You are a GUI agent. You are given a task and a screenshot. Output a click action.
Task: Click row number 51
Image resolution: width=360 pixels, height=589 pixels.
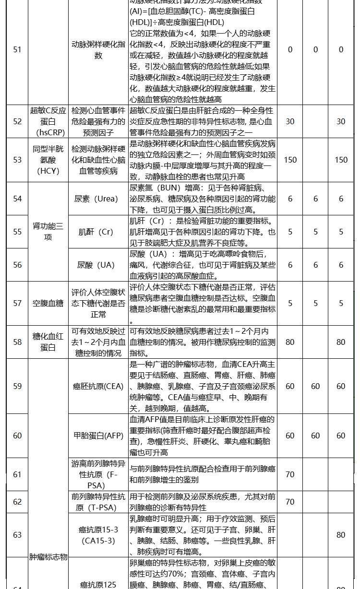pos(17,49)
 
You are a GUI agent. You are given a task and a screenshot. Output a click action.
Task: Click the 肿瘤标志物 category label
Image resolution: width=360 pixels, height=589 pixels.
pos(48,557)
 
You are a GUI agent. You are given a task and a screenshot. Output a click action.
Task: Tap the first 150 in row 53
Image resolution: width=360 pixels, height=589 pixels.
pos(290,160)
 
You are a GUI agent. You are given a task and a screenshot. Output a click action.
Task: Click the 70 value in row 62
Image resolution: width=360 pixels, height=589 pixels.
pos(290,502)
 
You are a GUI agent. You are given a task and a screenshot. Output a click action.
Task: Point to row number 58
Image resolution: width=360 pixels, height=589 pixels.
pos(17,342)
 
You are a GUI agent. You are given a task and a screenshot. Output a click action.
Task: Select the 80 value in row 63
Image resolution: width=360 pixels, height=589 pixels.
pos(341,535)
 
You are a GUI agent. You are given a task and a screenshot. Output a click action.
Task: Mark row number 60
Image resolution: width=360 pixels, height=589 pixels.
pos(17,436)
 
